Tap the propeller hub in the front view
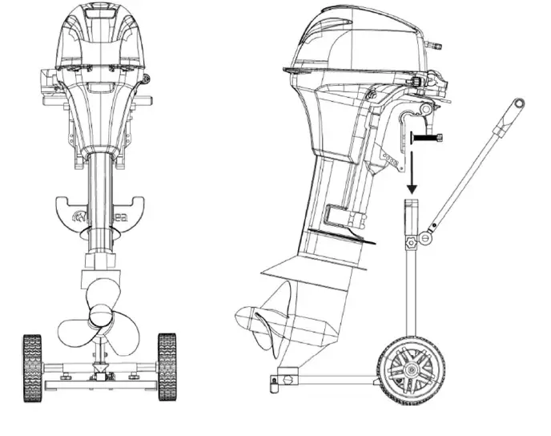[x=101, y=315]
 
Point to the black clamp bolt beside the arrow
[x=429, y=139]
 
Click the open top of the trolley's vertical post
[x=412, y=205]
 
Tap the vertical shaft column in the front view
[x=100, y=200]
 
